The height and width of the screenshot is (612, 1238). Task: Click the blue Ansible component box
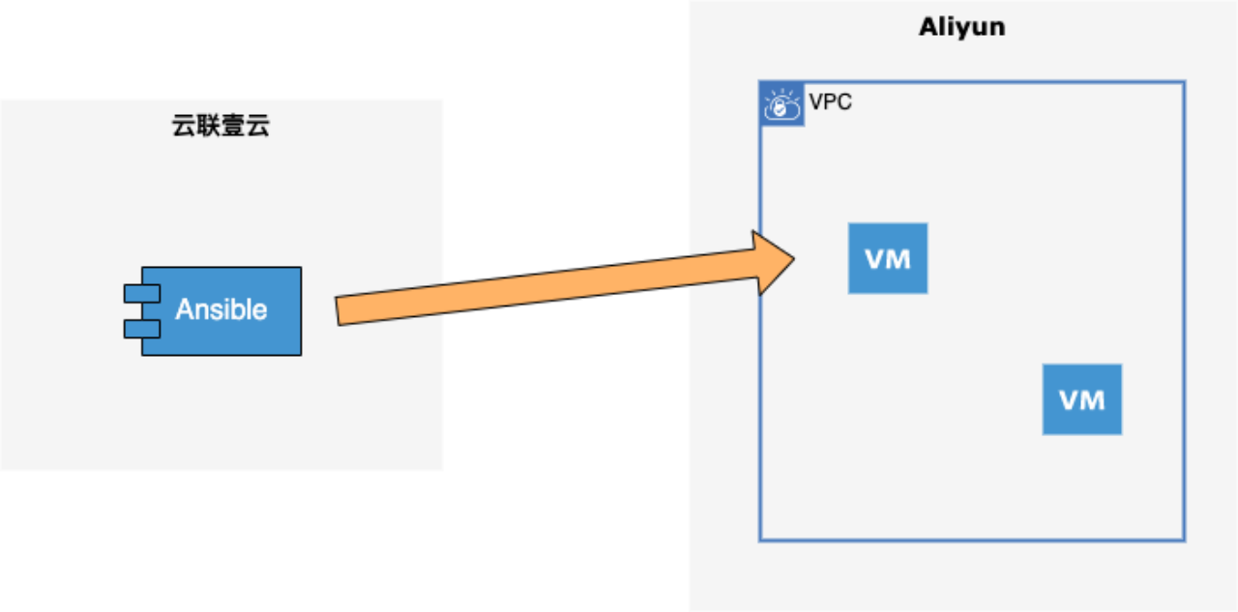tap(221, 310)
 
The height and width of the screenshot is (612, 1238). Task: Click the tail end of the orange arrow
tap(338, 311)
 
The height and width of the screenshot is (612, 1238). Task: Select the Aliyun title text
tap(961, 26)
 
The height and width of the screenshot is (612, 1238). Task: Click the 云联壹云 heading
tap(221, 126)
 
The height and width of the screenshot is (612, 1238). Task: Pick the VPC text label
tap(831, 102)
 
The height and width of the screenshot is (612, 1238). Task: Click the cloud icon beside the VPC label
tap(782, 105)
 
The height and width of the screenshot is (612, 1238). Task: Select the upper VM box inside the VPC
tap(888, 258)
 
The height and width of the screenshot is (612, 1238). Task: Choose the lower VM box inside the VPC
tap(1081, 399)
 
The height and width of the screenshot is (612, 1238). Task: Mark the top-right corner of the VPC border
tap(1184, 83)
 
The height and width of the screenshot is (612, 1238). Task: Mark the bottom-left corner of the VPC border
tap(760, 539)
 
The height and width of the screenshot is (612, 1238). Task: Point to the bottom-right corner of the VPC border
tap(1184, 539)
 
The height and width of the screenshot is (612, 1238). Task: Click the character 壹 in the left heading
tap(233, 126)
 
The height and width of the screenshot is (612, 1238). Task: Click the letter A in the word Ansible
tap(184, 310)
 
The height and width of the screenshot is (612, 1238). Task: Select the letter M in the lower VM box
tap(1093, 399)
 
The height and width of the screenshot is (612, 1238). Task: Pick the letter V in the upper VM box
tap(875, 258)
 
